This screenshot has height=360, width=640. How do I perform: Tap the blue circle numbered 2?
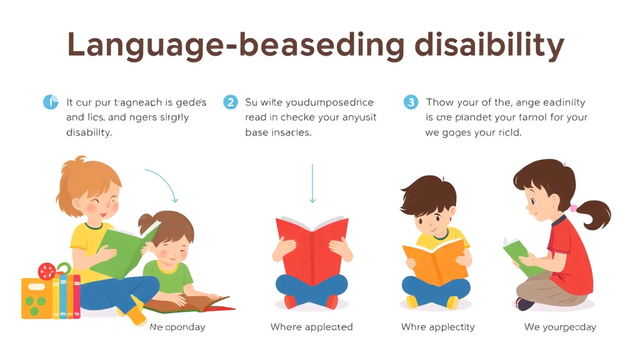[x=231, y=102]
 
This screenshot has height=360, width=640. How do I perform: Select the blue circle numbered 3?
[x=410, y=102]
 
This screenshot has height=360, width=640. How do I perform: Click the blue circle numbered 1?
[x=50, y=102]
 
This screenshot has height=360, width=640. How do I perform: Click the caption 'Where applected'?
[x=311, y=327]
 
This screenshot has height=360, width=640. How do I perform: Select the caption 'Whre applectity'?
[x=437, y=327]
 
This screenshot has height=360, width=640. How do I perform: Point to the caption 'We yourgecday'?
[x=560, y=327]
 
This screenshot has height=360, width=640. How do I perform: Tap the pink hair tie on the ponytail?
[x=573, y=207]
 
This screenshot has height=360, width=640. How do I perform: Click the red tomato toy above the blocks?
[x=47, y=271]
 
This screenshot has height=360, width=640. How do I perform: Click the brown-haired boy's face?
[x=431, y=216]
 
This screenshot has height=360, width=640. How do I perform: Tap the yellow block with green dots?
[x=36, y=298]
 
